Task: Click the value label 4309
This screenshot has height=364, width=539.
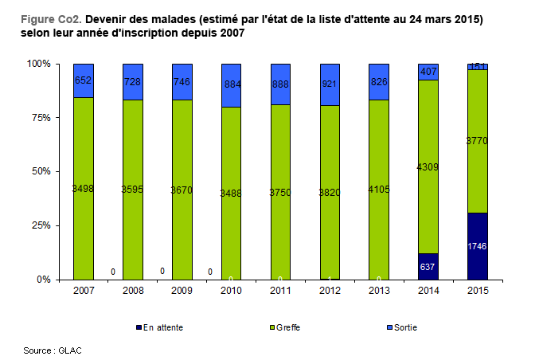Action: click(428, 167)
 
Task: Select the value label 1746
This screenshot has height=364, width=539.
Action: click(477, 246)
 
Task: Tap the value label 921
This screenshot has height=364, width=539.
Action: click(329, 84)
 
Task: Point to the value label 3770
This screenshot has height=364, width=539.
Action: click(477, 141)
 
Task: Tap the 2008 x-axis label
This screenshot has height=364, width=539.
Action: click(133, 291)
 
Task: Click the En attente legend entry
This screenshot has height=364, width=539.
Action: click(164, 327)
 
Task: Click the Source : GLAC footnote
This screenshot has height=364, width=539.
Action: click(53, 350)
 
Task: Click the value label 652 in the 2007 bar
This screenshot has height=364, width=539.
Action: click(84, 80)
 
